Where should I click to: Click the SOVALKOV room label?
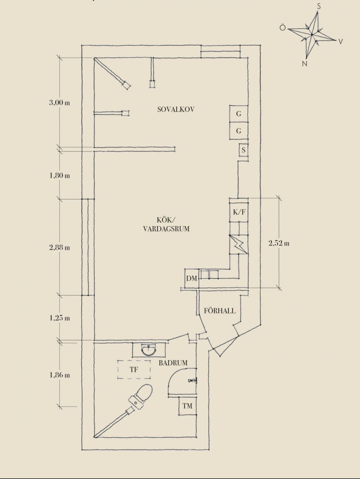pos(176,109)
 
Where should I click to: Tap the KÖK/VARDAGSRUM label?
pos(166,224)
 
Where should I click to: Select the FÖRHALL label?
pos(220,311)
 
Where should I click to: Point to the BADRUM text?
pos(173,363)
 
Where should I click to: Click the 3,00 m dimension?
pos(60,103)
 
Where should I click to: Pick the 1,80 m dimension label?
pos(60,175)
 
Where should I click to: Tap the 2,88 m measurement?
pos(60,247)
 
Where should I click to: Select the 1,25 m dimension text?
pos(60,318)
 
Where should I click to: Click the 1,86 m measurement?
pos(60,375)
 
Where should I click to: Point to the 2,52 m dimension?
pos(279,243)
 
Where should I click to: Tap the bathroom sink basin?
pos(149,349)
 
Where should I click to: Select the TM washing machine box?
pos(187,406)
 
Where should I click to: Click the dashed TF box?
pos(134,370)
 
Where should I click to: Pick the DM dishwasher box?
pos(192,278)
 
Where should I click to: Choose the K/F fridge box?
pos(239,211)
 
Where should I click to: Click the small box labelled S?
pos(243,150)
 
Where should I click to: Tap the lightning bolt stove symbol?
pos(239,245)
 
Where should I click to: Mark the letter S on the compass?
pos(319,7)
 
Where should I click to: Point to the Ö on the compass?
pos(282,27)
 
